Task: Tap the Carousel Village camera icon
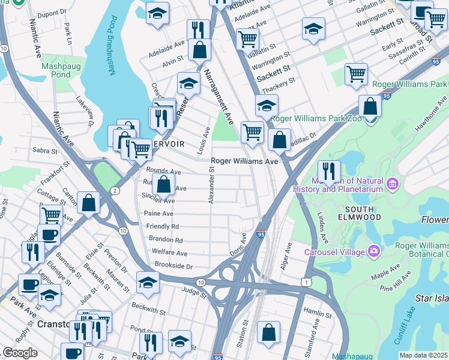374,250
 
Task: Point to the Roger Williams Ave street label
244,161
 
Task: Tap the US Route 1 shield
307,282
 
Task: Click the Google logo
20,353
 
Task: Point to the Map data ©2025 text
423,355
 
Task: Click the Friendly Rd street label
162,226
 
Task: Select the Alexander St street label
211,185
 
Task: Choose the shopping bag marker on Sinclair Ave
163,185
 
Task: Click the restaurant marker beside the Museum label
329,171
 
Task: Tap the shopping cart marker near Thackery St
356,74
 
